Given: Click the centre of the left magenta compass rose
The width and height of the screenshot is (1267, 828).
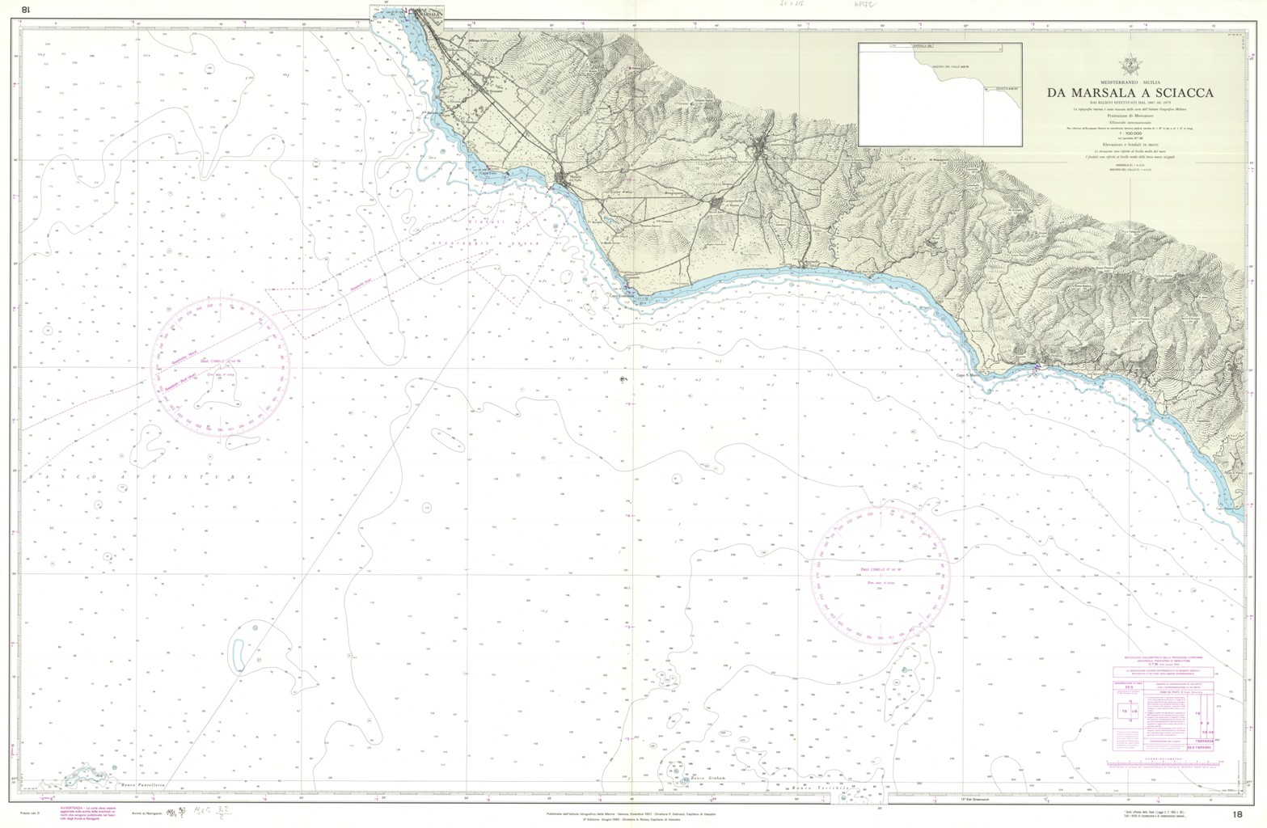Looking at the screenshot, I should (x=222, y=365).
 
